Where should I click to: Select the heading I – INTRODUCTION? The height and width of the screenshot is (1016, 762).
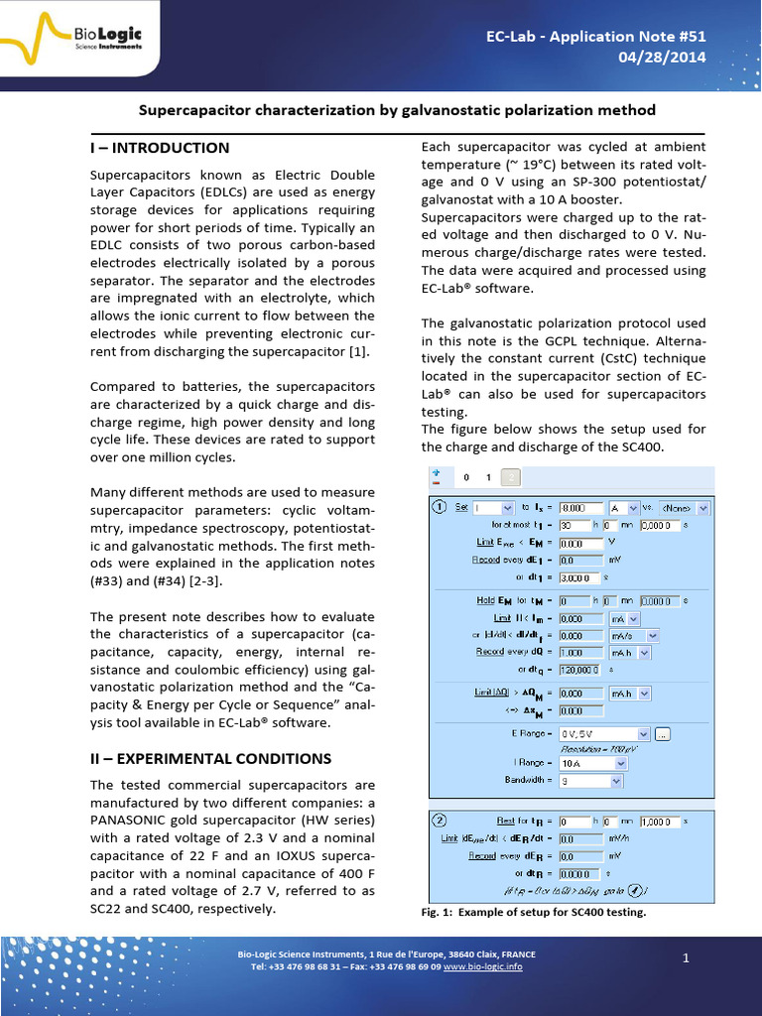160,148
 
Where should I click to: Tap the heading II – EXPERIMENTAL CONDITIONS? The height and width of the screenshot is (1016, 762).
210,758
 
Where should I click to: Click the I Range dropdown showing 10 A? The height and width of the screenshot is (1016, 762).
593,764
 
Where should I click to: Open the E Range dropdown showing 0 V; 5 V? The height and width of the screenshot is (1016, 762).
604,733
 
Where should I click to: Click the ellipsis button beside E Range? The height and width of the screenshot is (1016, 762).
664,733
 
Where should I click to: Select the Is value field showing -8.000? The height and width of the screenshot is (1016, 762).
581,508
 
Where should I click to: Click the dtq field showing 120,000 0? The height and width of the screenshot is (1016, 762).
581,670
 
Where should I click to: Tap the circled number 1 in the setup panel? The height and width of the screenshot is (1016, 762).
439,507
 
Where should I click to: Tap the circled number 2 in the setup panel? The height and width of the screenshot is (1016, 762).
439,821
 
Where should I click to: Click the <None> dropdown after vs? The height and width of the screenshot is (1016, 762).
685,508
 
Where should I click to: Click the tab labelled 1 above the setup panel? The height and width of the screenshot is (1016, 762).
488,476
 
